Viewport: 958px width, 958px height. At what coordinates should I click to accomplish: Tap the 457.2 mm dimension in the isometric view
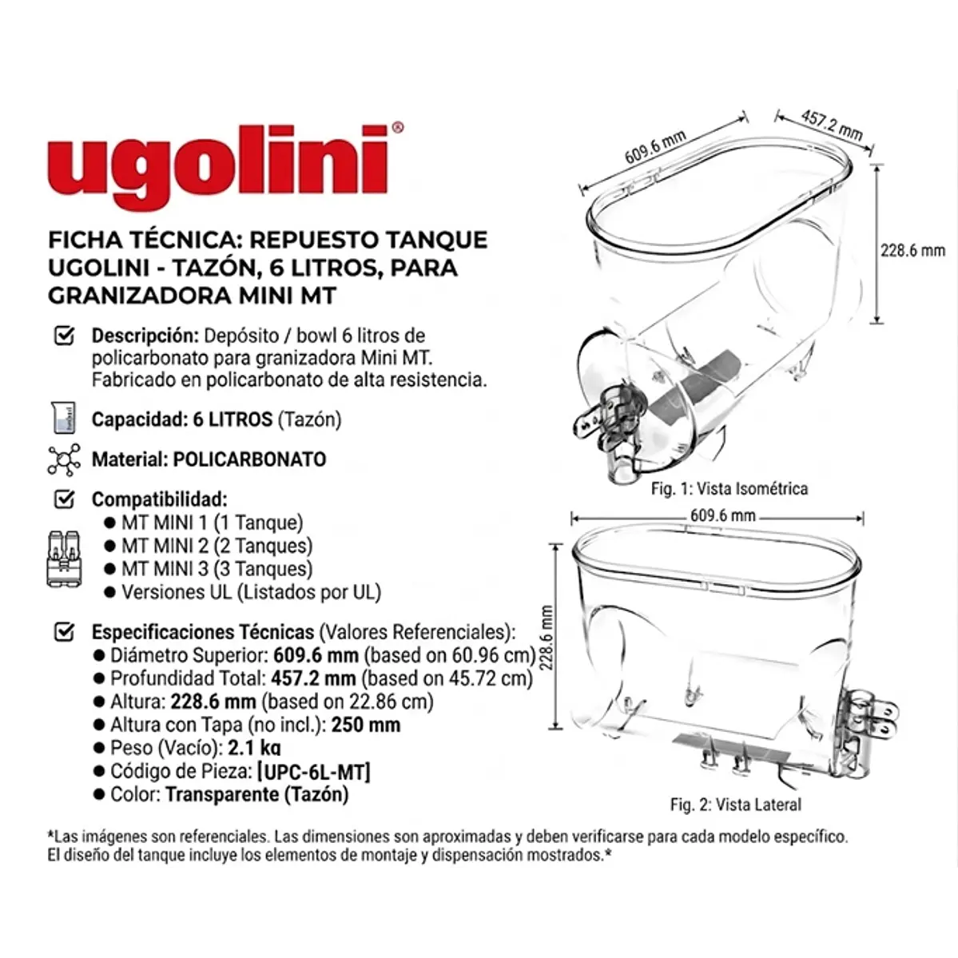(832, 125)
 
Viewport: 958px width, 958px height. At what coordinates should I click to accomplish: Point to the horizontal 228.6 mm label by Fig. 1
(912, 250)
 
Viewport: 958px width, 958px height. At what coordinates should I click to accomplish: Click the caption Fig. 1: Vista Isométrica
(729, 488)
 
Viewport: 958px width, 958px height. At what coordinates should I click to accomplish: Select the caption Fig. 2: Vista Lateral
(735, 805)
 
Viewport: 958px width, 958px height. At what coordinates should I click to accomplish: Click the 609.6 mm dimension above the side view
(722, 515)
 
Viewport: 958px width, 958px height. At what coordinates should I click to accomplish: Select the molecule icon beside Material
(64, 459)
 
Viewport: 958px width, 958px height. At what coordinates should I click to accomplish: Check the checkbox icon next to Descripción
(63, 336)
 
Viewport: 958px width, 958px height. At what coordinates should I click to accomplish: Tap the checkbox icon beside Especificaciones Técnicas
(63, 632)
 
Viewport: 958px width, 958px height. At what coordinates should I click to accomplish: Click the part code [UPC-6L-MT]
(313, 772)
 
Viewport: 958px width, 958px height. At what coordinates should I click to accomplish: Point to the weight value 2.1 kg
(254, 749)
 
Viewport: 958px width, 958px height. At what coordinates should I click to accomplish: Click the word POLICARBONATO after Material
(249, 459)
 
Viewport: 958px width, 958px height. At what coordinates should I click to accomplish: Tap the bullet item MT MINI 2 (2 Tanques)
(216, 546)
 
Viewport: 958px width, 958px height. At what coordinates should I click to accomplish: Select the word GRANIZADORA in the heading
(141, 295)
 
